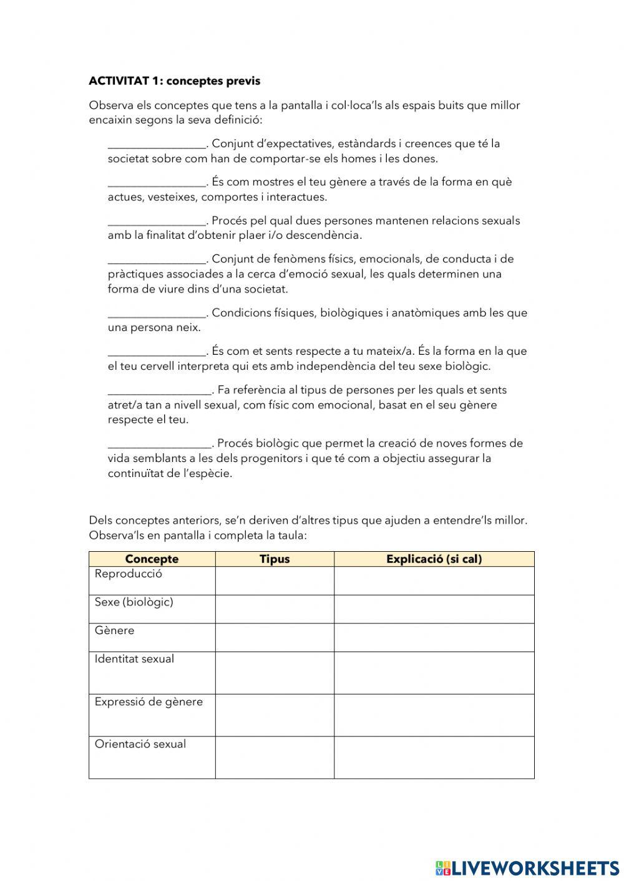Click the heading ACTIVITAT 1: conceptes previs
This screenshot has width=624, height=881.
(174, 81)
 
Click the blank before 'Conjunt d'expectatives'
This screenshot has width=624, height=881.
(157, 145)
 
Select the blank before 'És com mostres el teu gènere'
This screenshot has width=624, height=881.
(157, 183)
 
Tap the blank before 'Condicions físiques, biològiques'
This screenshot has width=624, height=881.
(157, 314)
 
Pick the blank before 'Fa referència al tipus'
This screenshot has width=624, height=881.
(160, 391)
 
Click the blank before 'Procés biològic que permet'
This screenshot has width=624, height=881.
(160, 444)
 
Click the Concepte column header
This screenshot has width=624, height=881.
(152, 559)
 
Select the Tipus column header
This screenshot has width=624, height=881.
(275, 559)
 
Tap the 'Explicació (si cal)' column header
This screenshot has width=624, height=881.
(434, 559)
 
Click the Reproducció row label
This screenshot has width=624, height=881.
(128, 574)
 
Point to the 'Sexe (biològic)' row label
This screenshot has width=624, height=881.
(134, 602)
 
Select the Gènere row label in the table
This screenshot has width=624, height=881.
(114, 630)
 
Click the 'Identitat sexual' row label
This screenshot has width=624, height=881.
(134, 659)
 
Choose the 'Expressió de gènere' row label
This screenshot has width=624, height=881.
(149, 702)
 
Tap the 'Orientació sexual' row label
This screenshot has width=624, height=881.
(140, 744)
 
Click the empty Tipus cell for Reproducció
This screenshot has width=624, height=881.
(275, 581)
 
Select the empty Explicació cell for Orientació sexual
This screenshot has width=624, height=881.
(434, 758)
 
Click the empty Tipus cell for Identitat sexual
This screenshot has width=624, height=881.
(275, 673)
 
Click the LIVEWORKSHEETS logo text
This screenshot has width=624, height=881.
(535, 867)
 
